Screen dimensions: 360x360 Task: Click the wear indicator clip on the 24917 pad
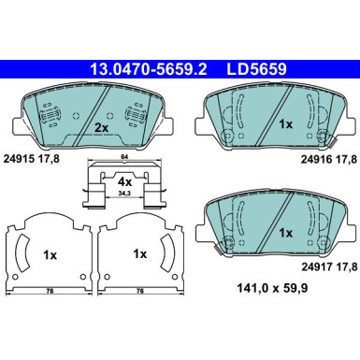(x=222, y=246)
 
